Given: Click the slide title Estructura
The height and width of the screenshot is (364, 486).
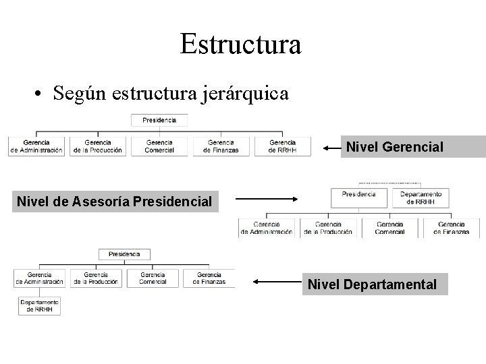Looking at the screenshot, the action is pyautogui.click(x=241, y=44).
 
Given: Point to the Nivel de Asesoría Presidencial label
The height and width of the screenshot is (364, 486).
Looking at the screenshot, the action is pyautogui.click(x=114, y=200).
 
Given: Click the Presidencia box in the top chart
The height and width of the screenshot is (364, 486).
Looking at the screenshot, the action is pyautogui.click(x=160, y=121).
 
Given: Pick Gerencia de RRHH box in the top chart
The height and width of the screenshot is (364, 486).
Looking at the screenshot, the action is pyautogui.click(x=282, y=146).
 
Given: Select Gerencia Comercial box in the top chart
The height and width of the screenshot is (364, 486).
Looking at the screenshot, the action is pyautogui.click(x=159, y=146).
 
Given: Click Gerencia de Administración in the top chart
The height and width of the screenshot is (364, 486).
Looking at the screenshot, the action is pyautogui.click(x=36, y=146).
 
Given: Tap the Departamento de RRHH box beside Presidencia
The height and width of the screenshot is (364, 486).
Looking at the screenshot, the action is pyautogui.click(x=421, y=197).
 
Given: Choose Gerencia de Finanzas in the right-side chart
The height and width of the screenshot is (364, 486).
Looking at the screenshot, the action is pyautogui.click(x=452, y=228).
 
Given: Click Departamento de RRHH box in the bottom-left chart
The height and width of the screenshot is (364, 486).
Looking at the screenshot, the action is pyautogui.click(x=39, y=306).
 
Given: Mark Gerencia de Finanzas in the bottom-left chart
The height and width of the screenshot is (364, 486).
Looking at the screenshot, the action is pyautogui.click(x=209, y=278).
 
